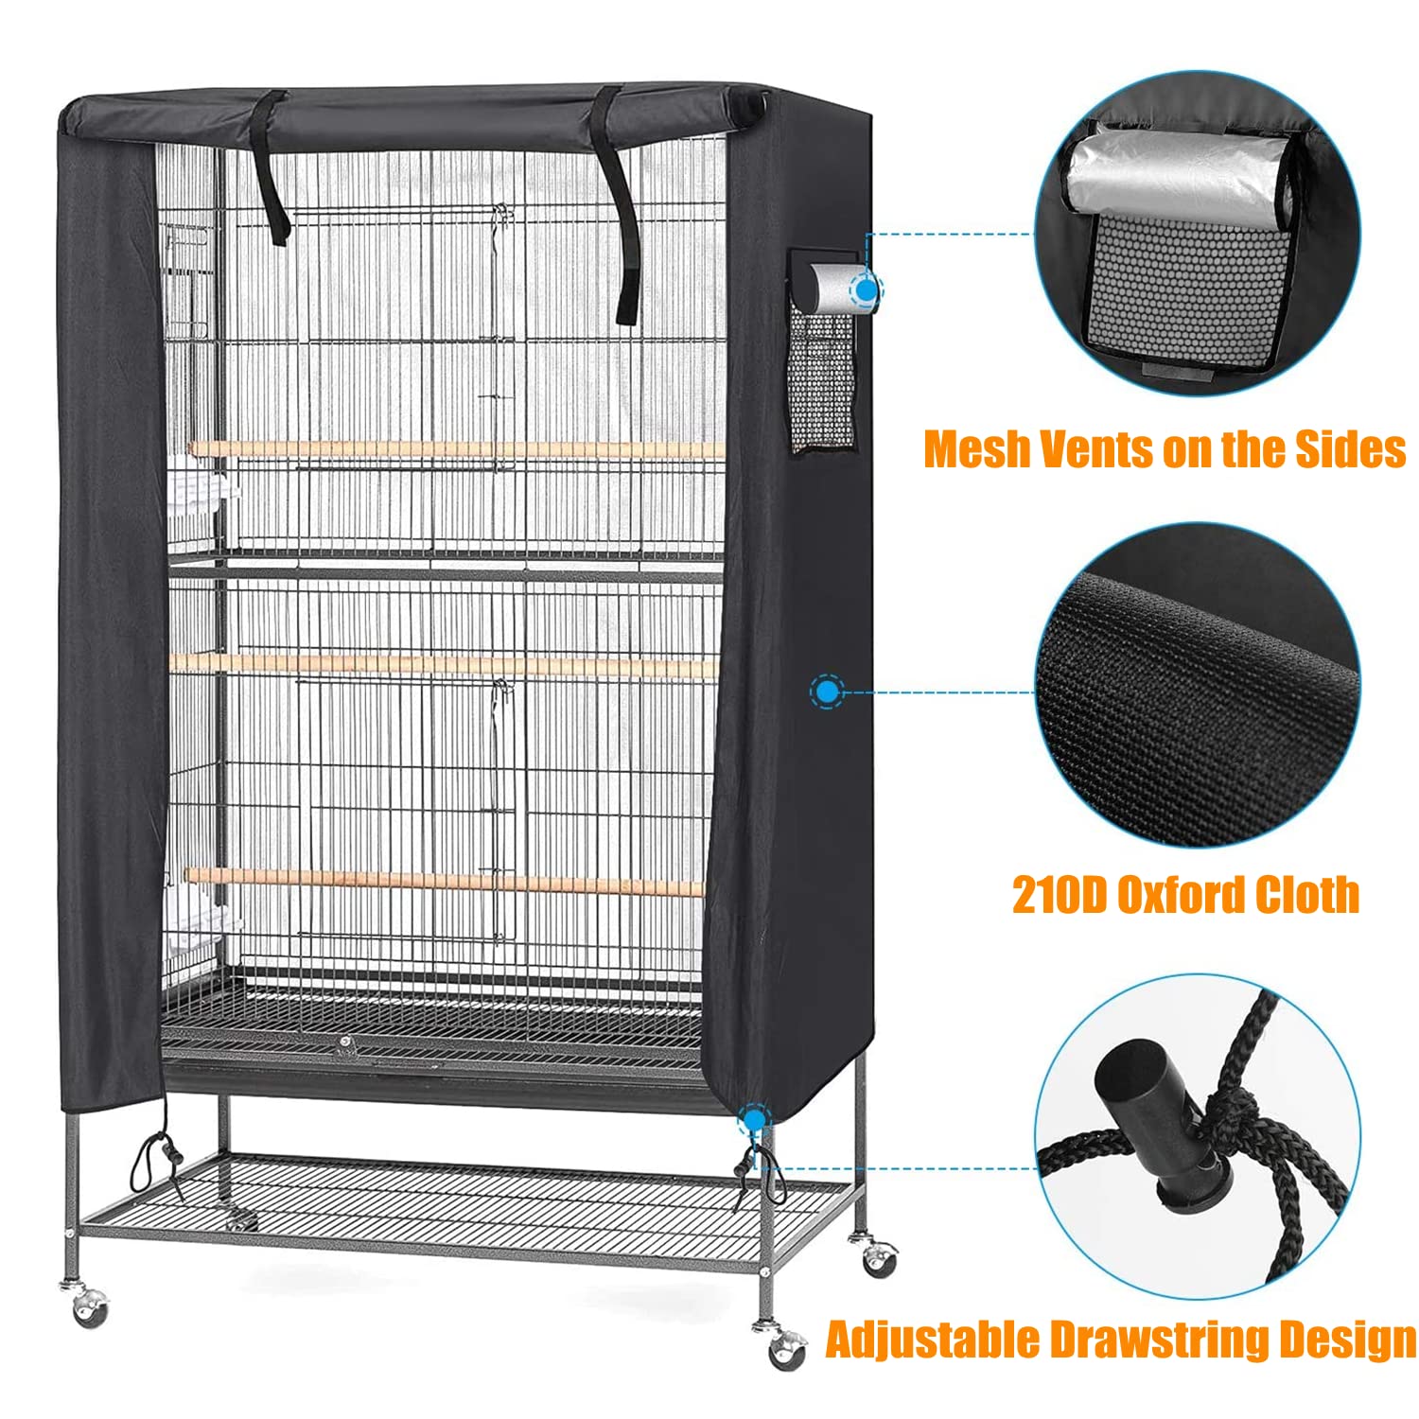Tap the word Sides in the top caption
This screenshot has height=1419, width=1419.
coord(1350,449)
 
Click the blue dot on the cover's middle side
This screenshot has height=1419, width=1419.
coord(828,693)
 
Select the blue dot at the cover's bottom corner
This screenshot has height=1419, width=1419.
coord(754,1122)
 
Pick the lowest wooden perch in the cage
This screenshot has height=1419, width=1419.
coord(445,882)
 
